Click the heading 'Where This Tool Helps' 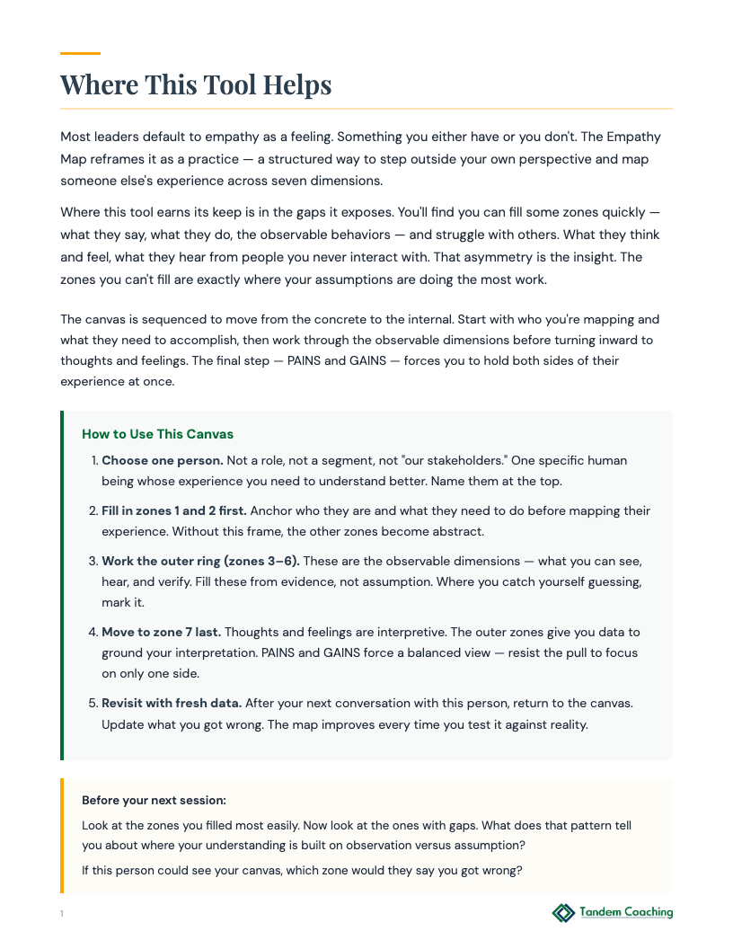196,85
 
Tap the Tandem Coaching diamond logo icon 563,913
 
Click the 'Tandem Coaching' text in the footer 626,912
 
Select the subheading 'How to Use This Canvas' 157,434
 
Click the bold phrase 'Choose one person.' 162,460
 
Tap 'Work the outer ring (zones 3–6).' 200,561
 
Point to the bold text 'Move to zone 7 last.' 162,632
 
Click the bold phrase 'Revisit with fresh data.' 172,702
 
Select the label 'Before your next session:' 154,800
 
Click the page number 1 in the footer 62,914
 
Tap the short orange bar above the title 80,53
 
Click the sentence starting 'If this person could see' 301,870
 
